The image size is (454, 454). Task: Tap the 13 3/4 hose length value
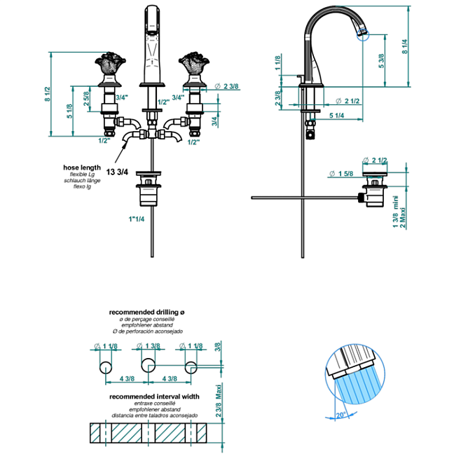(x=116, y=172)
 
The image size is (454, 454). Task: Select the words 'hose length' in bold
(x=81, y=168)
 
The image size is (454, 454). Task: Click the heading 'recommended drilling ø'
(x=146, y=312)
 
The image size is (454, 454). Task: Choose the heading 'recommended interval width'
(x=154, y=396)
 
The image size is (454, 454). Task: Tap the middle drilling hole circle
(x=148, y=365)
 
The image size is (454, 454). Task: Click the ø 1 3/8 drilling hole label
(x=148, y=346)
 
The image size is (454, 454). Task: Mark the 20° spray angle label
(x=340, y=415)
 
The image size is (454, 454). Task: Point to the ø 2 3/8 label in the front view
(x=227, y=85)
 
